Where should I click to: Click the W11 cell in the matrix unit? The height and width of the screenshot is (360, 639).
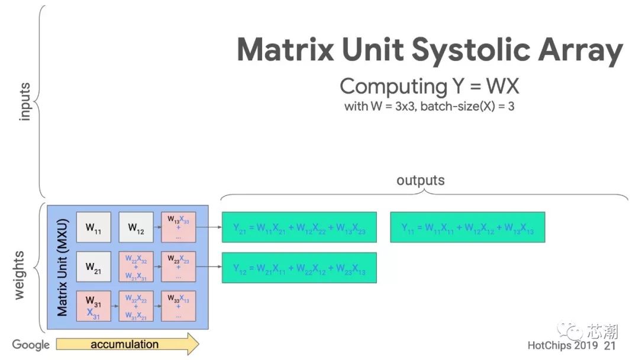point(93,227)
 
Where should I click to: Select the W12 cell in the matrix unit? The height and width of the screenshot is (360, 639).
point(136,227)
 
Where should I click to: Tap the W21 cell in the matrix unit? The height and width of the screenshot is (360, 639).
point(93,267)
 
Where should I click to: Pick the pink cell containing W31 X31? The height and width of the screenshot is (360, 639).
point(93,306)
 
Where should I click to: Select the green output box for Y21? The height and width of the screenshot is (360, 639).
point(299,227)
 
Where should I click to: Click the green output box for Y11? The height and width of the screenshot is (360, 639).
point(467,227)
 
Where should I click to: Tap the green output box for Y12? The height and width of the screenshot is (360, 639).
point(299,268)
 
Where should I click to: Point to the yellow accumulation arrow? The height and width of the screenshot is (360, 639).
point(127,344)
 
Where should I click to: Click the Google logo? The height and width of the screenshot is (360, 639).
point(31,345)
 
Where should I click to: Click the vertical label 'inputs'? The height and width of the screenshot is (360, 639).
point(24,102)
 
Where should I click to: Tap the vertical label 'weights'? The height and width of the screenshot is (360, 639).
point(20,275)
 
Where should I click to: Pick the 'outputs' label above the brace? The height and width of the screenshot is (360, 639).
point(420,180)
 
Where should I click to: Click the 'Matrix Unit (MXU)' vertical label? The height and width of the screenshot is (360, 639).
point(62,268)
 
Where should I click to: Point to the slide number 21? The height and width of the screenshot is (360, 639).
point(609,345)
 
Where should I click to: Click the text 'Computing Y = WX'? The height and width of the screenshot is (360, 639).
point(429,86)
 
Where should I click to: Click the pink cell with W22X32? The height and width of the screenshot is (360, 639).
point(136,267)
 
